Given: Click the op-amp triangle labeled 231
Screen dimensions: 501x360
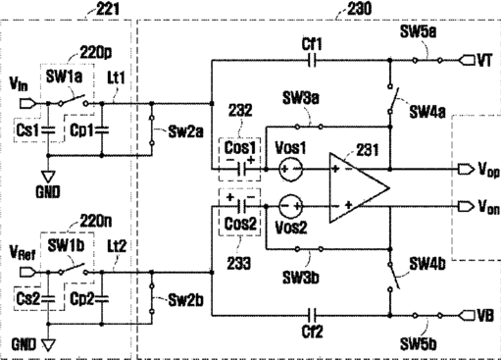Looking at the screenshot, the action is pyautogui.click(x=359, y=187).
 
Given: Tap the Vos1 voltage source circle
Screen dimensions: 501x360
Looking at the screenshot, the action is pyautogui.click(x=291, y=169).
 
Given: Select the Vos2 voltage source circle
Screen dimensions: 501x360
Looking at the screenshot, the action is pyautogui.click(x=291, y=206).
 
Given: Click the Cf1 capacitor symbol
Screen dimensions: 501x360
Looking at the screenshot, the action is pyautogui.click(x=313, y=61).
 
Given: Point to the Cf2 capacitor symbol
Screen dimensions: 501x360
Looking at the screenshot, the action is pyautogui.click(x=313, y=316).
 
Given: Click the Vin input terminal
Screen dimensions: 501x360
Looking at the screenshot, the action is pyautogui.click(x=25, y=104).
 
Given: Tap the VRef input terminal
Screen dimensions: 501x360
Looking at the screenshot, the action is pyautogui.click(x=25, y=272).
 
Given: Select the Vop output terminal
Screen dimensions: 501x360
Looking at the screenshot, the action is pyautogui.click(x=466, y=170).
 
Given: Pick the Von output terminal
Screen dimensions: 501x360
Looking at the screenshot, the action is pyautogui.click(x=466, y=206).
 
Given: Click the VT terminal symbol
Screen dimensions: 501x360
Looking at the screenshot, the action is pyautogui.click(x=467, y=61).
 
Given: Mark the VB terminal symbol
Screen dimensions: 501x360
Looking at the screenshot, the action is pyautogui.click(x=467, y=316).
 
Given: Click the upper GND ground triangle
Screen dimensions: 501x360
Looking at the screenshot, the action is pyautogui.click(x=48, y=177).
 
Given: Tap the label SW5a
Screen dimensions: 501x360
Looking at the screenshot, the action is pyautogui.click(x=418, y=32).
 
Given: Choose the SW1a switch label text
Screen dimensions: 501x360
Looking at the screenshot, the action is pyautogui.click(x=64, y=77).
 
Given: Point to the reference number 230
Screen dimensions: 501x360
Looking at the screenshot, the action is pyautogui.click(x=360, y=9).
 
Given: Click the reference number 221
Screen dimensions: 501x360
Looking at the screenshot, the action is pyautogui.click(x=108, y=9).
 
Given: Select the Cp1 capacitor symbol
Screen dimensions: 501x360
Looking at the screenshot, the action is pyautogui.click(x=102, y=130).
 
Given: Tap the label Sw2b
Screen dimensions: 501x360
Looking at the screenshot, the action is pyautogui.click(x=185, y=300).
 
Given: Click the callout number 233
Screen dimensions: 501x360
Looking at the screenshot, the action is pyautogui.click(x=239, y=263).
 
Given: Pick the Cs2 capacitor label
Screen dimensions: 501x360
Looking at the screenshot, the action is pyautogui.click(x=28, y=298).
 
